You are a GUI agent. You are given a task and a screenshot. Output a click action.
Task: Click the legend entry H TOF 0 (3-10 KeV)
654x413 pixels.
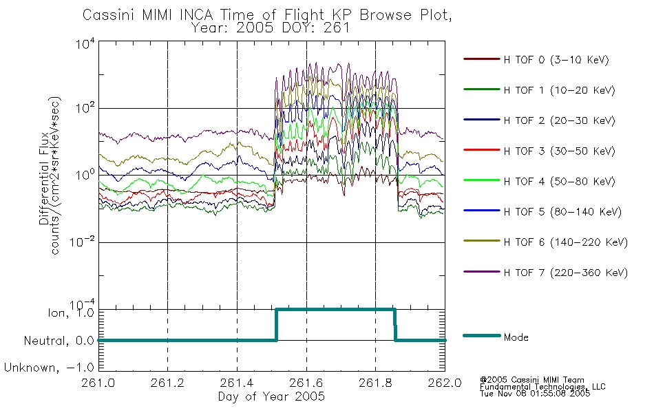(556, 60)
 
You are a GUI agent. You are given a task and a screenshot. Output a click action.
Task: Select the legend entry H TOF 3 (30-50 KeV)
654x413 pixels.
(559, 151)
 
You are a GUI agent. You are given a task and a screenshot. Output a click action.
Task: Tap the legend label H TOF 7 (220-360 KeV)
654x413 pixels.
(566, 273)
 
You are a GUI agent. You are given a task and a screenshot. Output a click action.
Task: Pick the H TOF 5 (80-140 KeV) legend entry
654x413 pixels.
(562, 212)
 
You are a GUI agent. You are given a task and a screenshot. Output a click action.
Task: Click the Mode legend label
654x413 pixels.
(516, 337)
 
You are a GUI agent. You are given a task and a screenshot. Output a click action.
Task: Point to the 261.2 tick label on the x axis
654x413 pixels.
(167, 383)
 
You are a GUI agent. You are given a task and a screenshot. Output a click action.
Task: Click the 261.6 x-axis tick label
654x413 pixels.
(306, 383)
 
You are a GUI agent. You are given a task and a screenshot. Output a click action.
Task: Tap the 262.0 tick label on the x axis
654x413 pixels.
(445, 383)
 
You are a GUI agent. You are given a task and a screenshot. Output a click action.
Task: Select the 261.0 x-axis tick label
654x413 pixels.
(98, 383)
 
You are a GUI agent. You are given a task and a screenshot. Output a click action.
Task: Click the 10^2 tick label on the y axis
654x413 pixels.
(85, 107)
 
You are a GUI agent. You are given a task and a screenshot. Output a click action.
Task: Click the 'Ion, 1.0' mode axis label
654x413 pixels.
(70, 313)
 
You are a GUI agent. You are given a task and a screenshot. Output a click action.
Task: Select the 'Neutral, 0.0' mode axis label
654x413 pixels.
(59, 341)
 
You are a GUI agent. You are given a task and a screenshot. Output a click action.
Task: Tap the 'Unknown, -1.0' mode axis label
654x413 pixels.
(49, 368)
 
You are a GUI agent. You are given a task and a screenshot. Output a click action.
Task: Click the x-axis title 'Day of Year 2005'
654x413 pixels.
(271, 396)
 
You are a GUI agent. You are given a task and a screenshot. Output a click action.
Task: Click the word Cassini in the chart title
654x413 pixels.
(109, 15)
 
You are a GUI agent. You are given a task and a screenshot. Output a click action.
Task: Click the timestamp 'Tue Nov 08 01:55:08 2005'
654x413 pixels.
(535, 393)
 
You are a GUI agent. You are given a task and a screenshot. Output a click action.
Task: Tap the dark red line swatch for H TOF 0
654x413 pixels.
(481, 59)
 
